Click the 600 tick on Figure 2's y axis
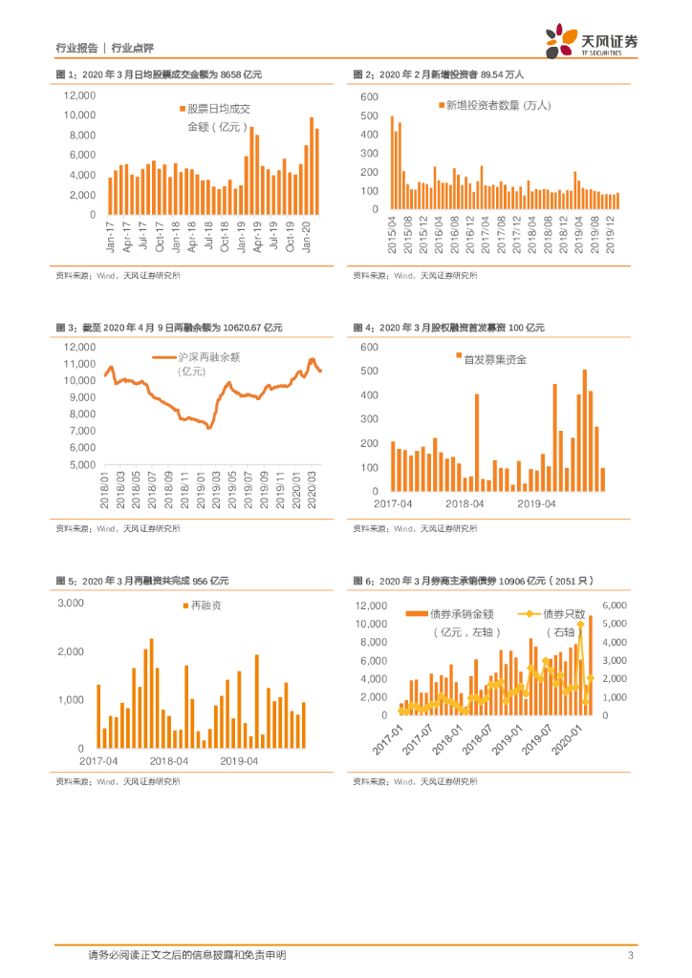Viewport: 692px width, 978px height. [x=371, y=97]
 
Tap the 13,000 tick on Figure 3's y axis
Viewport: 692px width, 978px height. [x=80, y=347]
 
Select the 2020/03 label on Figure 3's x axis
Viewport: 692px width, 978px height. [x=313, y=491]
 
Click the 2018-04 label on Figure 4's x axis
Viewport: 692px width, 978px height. [x=465, y=502]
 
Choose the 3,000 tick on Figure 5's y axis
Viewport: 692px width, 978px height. [x=72, y=603]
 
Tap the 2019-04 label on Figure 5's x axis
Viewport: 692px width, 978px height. [x=240, y=760]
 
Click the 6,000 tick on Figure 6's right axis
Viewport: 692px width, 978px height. [x=614, y=606]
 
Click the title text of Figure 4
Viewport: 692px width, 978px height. [x=448, y=328]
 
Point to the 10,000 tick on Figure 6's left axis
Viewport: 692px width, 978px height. [x=371, y=624]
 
